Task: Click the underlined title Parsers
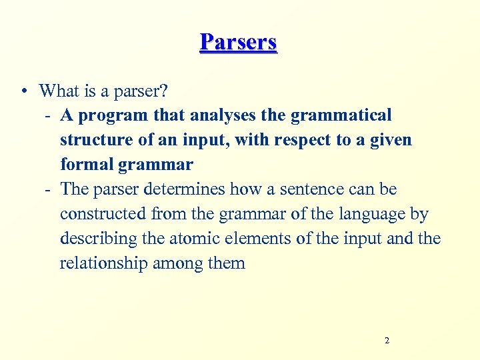[x=238, y=42]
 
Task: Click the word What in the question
[x=59, y=90]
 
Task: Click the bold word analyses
[x=223, y=115]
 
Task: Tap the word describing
[x=97, y=238]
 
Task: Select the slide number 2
[x=387, y=341]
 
